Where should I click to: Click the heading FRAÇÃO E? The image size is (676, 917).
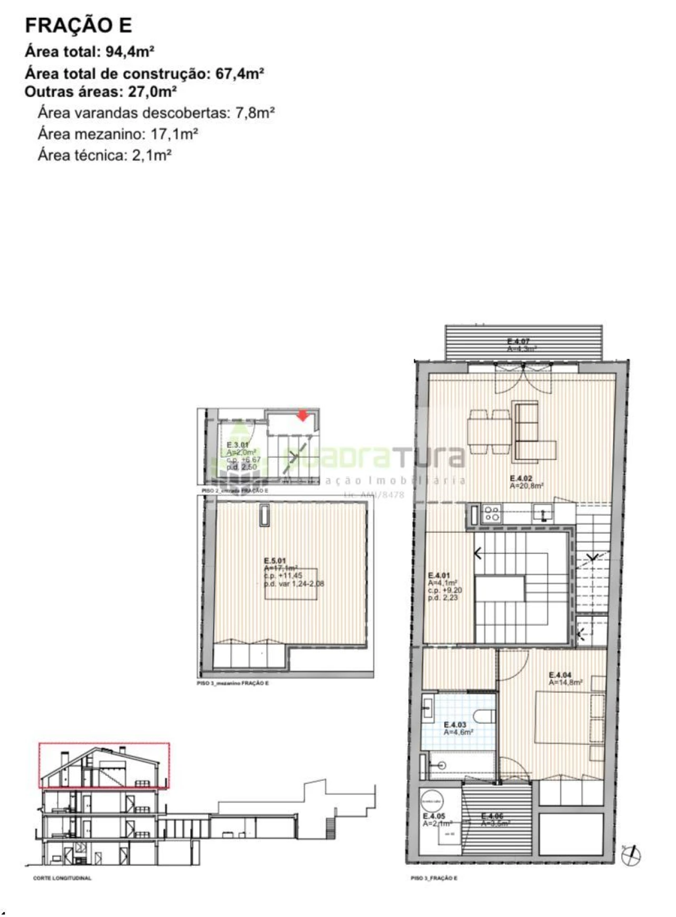78,25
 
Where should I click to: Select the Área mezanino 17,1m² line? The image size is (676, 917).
118,134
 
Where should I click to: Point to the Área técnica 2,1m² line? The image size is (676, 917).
105,155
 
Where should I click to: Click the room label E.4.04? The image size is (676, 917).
560,675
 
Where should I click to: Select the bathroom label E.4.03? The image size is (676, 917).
455,725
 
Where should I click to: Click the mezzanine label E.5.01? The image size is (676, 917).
275,561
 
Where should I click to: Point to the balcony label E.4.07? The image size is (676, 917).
518,341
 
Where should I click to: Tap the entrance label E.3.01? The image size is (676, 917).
237,445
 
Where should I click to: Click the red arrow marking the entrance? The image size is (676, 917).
303,416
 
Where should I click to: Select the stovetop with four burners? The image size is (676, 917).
492,513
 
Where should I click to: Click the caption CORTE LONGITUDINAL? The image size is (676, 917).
62,878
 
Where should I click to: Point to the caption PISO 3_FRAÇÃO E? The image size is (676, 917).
434,878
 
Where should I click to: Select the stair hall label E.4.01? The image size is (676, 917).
439,575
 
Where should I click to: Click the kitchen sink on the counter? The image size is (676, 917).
542,512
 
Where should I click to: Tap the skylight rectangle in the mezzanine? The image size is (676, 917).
264,515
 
